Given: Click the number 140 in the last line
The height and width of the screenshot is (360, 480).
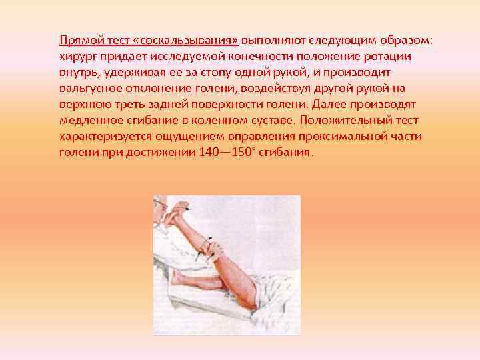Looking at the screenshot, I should pyautogui.click(x=210, y=152).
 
